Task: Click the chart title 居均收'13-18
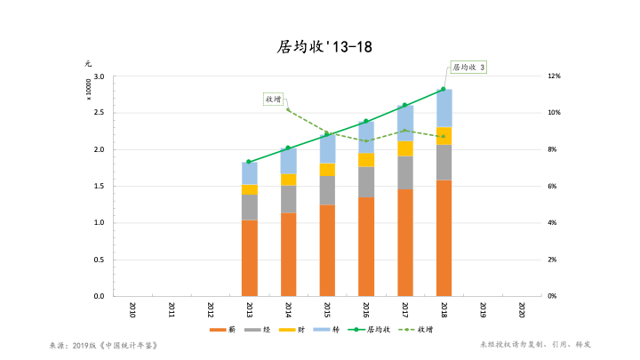point(319,47)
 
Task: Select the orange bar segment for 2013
point(249,258)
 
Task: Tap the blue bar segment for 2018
point(444,108)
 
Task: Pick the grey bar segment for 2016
point(365,181)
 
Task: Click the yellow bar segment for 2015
point(327,169)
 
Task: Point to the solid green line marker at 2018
point(444,89)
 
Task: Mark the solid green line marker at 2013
point(249,162)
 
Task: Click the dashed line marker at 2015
point(327,133)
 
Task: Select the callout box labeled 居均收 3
point(468,67)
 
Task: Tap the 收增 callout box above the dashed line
point(274,99)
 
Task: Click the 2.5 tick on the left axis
point(99,113)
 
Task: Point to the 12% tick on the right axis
point(553,76)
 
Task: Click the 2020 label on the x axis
point(521,309)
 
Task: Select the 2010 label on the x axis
point(132,309)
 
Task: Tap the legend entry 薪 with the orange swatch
point(223,330)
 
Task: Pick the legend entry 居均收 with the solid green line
point(364,330)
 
